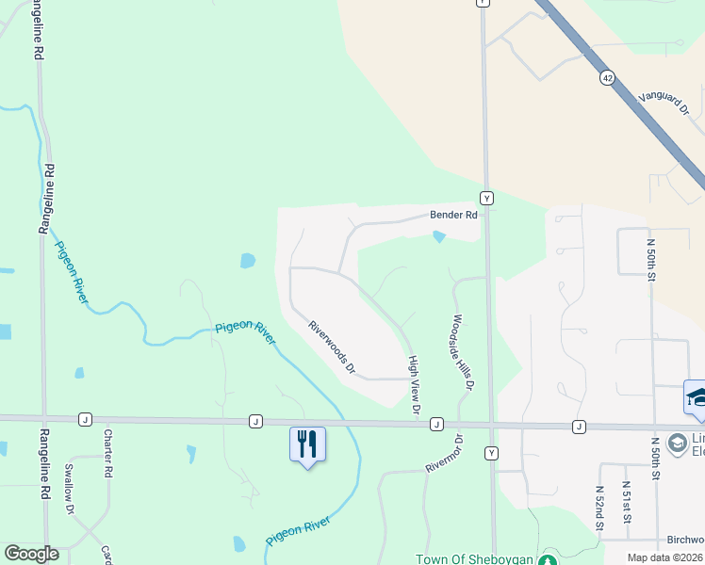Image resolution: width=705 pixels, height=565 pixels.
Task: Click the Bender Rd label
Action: click(454, 215)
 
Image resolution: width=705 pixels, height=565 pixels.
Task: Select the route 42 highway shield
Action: click(607, 80)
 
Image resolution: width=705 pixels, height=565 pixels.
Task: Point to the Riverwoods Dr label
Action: click(332, 347)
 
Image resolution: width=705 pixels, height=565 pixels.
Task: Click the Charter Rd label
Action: click(108, 452)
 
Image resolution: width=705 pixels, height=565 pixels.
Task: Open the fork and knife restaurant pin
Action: click(307, 444)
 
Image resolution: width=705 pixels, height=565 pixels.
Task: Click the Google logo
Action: click(31, 554)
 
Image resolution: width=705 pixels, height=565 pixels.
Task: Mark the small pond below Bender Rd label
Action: click(439, 236)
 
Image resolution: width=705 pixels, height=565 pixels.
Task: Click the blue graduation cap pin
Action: click(696, 396)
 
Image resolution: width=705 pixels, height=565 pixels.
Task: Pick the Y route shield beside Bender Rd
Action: click(485, 198)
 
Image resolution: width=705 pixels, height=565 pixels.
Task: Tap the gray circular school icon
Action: click(677, 443)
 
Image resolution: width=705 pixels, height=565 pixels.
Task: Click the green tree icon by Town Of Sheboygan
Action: click(548, 558)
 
